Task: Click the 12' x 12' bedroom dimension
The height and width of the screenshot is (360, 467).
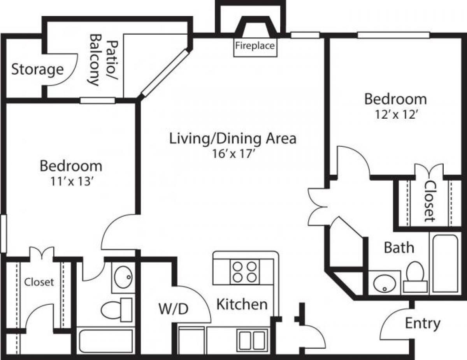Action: (395, 115)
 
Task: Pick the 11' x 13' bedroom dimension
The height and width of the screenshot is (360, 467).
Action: (70, 182)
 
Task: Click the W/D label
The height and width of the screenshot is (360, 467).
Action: (173, 309)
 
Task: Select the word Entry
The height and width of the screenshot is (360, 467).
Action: (423, 323)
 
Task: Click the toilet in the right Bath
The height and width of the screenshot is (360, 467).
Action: (415, 276)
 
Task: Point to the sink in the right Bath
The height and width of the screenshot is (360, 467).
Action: (384, 283)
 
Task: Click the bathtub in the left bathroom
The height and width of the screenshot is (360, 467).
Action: (106, 341)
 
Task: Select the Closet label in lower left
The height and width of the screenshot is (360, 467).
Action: (39, 282)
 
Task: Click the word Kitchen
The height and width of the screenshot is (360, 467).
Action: (242, 304)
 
